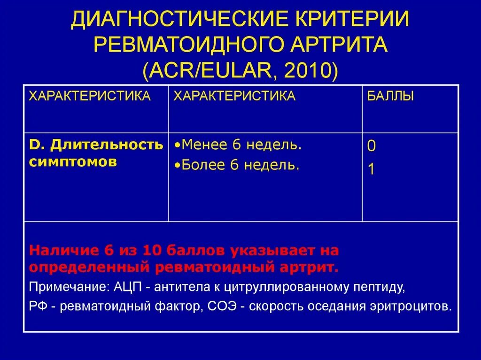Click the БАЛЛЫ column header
390,97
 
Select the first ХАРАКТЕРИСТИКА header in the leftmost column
90,97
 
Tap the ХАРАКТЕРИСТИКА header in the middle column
234,97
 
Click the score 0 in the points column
371,146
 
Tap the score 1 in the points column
371,169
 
